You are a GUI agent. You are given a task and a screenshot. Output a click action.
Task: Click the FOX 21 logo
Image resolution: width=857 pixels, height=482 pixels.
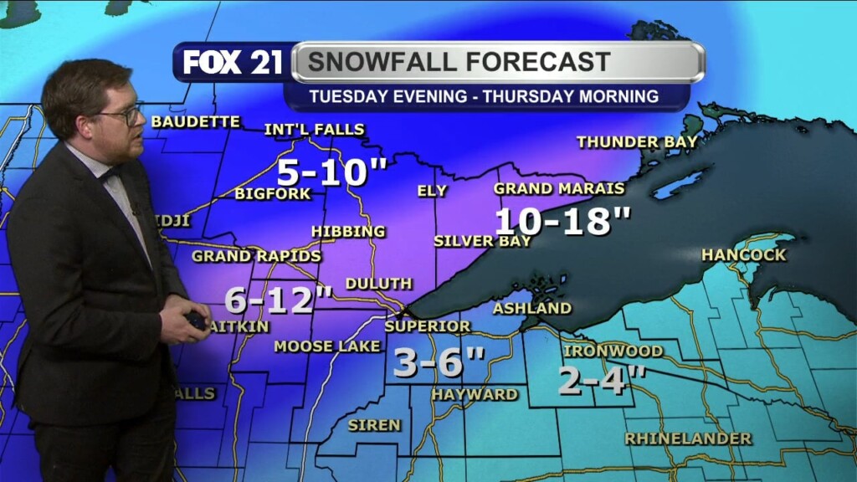coord(233,63)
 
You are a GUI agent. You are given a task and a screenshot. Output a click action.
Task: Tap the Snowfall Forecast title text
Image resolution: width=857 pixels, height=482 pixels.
coord(458,62)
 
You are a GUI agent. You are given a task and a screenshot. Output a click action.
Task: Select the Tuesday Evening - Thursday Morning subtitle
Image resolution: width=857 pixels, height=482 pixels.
coord(484,96)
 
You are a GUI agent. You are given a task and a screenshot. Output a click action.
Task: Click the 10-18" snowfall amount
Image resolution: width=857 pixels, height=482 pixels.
coord(562,222)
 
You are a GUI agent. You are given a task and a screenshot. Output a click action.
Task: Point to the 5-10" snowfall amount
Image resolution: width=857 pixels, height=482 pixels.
coord(331,173)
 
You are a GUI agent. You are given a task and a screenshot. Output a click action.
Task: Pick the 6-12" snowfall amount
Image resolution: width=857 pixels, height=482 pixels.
coord(280,299)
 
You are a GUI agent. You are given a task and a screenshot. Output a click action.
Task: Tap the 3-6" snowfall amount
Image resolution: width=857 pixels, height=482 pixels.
coord(439,362)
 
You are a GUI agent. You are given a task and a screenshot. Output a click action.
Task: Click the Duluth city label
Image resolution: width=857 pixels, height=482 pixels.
coord(378,285)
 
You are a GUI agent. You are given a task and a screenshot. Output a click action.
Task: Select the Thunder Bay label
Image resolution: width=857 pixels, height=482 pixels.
coord(637,142)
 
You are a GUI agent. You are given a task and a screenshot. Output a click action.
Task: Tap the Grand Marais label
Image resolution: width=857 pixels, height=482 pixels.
coord(559,188)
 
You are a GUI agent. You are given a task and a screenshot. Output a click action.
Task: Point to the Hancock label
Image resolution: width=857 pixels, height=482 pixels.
coord(744,254)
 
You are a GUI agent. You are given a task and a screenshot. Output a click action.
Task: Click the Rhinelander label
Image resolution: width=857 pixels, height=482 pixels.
coord(688,438)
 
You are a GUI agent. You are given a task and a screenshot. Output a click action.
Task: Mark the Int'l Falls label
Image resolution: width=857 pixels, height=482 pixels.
coord(314,130)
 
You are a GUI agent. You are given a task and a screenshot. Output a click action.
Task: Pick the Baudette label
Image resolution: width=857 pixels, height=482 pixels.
coord(195,122)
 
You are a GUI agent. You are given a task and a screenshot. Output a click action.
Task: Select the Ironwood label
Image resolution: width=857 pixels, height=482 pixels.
coord(613,351)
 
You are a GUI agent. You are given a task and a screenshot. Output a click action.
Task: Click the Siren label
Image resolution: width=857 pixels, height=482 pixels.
coord(374,425)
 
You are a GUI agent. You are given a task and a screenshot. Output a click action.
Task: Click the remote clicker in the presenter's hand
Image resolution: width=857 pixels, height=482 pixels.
coord(197,320)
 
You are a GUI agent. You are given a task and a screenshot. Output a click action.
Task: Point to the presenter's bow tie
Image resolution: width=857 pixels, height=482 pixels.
coord(106,176)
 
